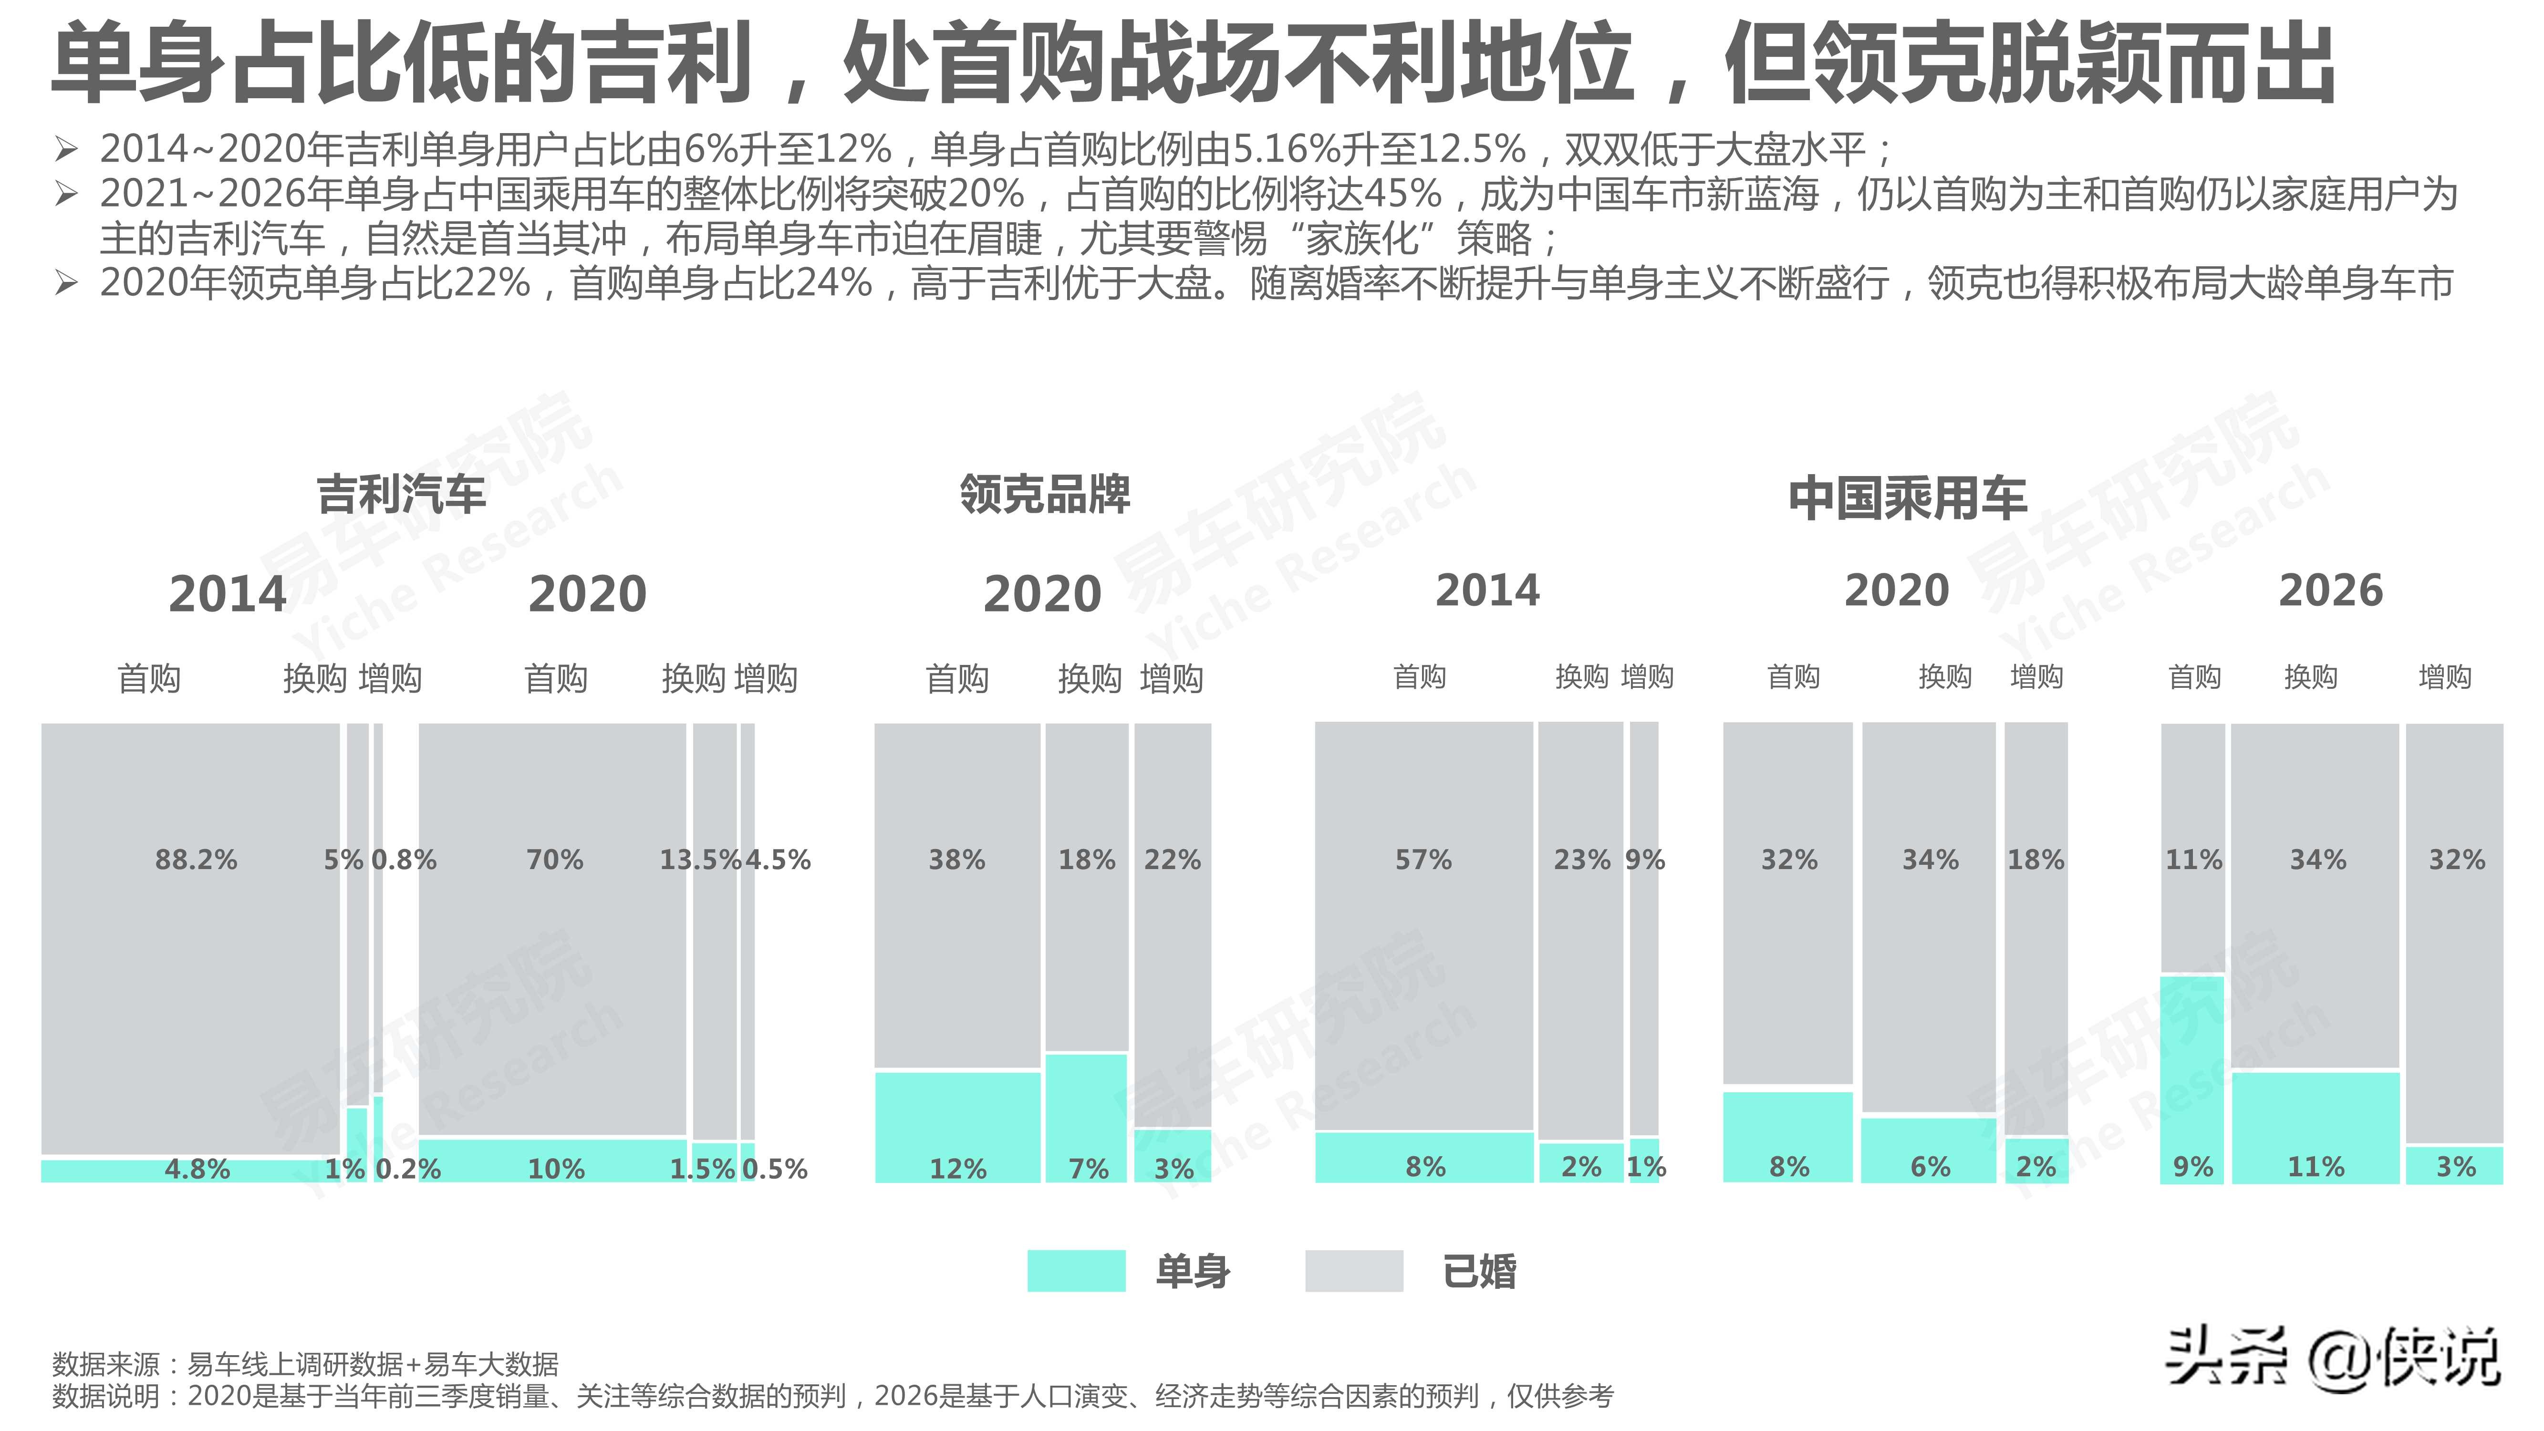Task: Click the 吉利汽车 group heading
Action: click(401, 494)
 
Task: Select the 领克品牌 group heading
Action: click(1045, 494)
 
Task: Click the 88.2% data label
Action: click(197, 859)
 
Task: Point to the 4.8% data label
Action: click(197, 1169)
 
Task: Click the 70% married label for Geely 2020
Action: click(555, 859)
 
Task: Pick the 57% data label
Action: click(1423, 859)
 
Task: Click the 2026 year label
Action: click(2331, 591)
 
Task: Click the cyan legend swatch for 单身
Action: click(1076, 1271)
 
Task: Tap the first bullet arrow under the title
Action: click(66, 150)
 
